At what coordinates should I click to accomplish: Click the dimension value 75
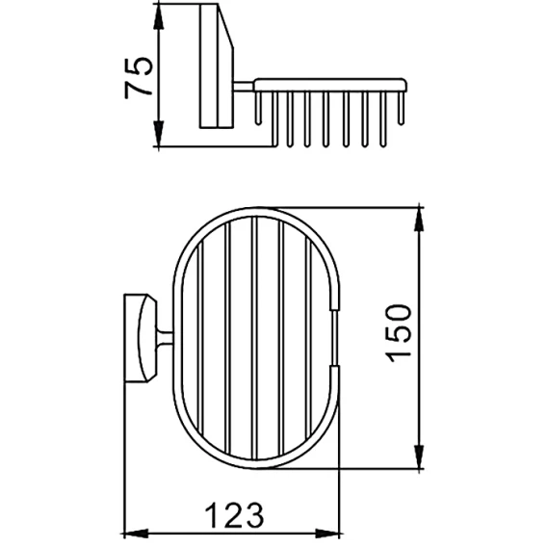coord(139,77)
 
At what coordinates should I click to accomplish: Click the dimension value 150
coord(399,333)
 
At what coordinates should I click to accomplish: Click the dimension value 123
coord(234,516)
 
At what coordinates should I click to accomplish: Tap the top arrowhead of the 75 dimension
coord(158,17)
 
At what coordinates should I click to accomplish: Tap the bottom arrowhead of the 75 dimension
coord(158,133)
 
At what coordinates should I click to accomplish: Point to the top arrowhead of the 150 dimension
coord(419,219)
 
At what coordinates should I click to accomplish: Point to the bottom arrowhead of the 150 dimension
coord(419,456)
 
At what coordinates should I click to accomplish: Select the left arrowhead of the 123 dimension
coord(137,534)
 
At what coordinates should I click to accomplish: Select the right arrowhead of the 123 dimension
coord(326,534)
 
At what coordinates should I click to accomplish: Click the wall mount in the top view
coord(141,338)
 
